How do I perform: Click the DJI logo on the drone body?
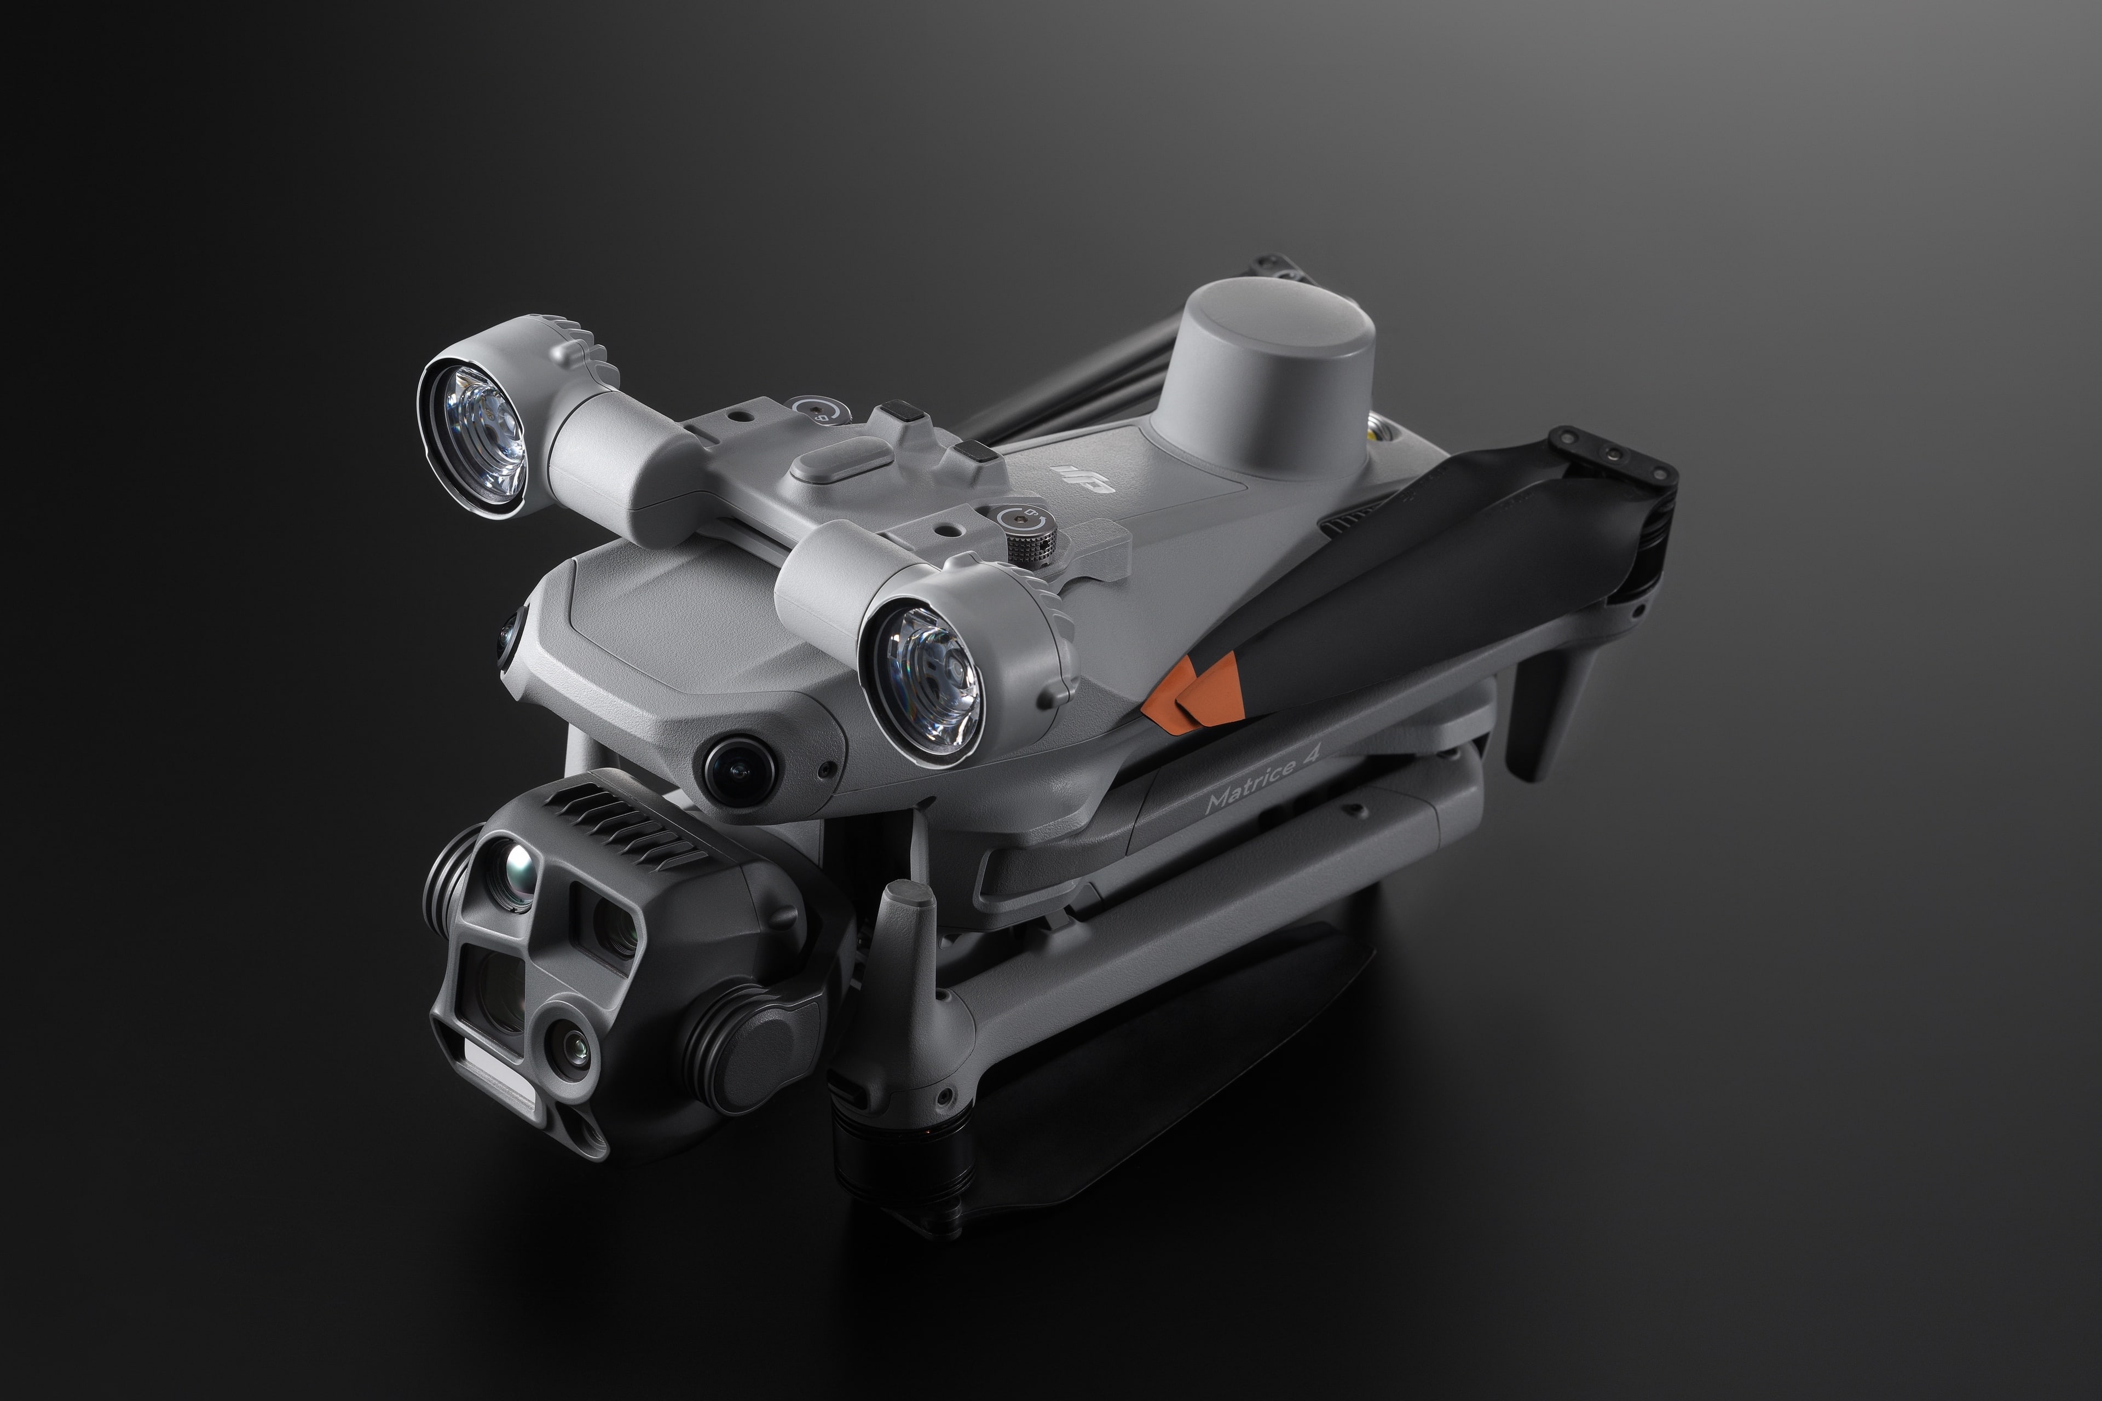pos(1084,479)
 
